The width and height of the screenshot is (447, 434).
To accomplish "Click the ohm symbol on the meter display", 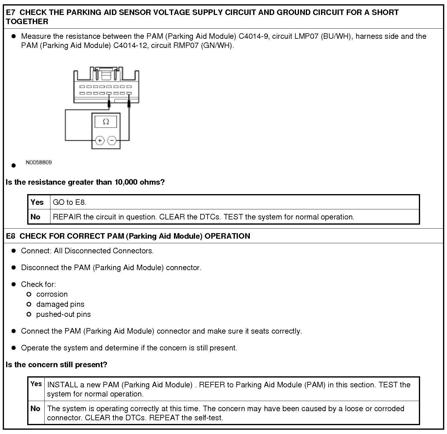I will [x=106, y=122].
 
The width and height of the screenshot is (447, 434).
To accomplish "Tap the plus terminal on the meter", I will [x=100, y=140].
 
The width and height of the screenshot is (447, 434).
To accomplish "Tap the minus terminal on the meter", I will [x=112, y=140].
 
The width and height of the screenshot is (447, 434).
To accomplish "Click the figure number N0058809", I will [x=39, y=162].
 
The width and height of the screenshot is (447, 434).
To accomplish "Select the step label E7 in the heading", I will [x=11, y=13].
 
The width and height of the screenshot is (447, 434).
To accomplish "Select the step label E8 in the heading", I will [x=11, y=236].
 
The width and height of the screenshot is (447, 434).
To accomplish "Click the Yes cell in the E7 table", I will [x=37, y=202].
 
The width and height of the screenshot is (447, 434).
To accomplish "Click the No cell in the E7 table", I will [x=35, y=217].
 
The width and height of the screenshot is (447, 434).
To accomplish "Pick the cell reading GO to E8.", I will [x=70, y=202].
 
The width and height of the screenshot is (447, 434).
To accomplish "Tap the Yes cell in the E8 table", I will [x=36, y=384].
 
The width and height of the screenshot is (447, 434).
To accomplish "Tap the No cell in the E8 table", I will [x=35, y=408].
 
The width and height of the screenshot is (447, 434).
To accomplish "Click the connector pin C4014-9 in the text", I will [x=253, y=36].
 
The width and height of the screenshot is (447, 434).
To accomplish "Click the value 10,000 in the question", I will [x=126, y=182].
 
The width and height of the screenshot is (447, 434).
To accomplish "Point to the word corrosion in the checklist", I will [x=52, y=294].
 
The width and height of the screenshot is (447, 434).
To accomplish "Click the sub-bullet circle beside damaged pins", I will [x=29, y=304].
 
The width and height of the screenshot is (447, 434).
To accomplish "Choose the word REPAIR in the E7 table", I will [x=67, y=217].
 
